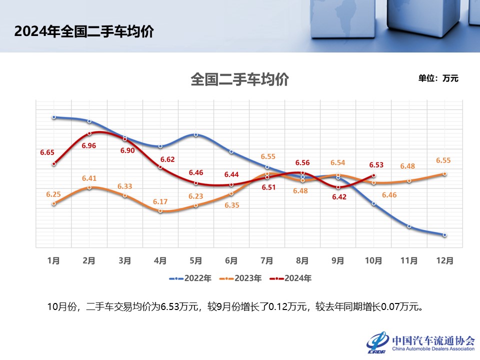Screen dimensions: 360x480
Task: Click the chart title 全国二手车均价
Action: click(239, 79)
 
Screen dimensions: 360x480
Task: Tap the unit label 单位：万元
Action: click(438, 78)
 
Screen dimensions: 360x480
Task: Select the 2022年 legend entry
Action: click(190, 278)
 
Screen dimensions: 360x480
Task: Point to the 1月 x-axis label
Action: click(53, 260)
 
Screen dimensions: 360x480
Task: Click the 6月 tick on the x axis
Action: click(231, 260)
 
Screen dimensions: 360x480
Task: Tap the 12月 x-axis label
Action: click(444, 260)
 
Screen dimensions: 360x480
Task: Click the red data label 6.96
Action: click(89, 145)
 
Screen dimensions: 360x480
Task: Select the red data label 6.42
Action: click(339, 197)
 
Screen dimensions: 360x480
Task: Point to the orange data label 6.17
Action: click(161, 201)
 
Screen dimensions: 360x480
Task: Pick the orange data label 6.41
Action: click(89, 177)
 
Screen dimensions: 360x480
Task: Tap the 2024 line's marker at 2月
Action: click(89, 133)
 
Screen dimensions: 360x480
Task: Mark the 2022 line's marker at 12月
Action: click(444, 234)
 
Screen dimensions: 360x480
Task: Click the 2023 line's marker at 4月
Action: click(160, 211)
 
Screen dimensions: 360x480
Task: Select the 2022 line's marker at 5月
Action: click(196, 134)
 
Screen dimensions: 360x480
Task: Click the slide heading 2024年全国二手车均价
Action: click(84, 31)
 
